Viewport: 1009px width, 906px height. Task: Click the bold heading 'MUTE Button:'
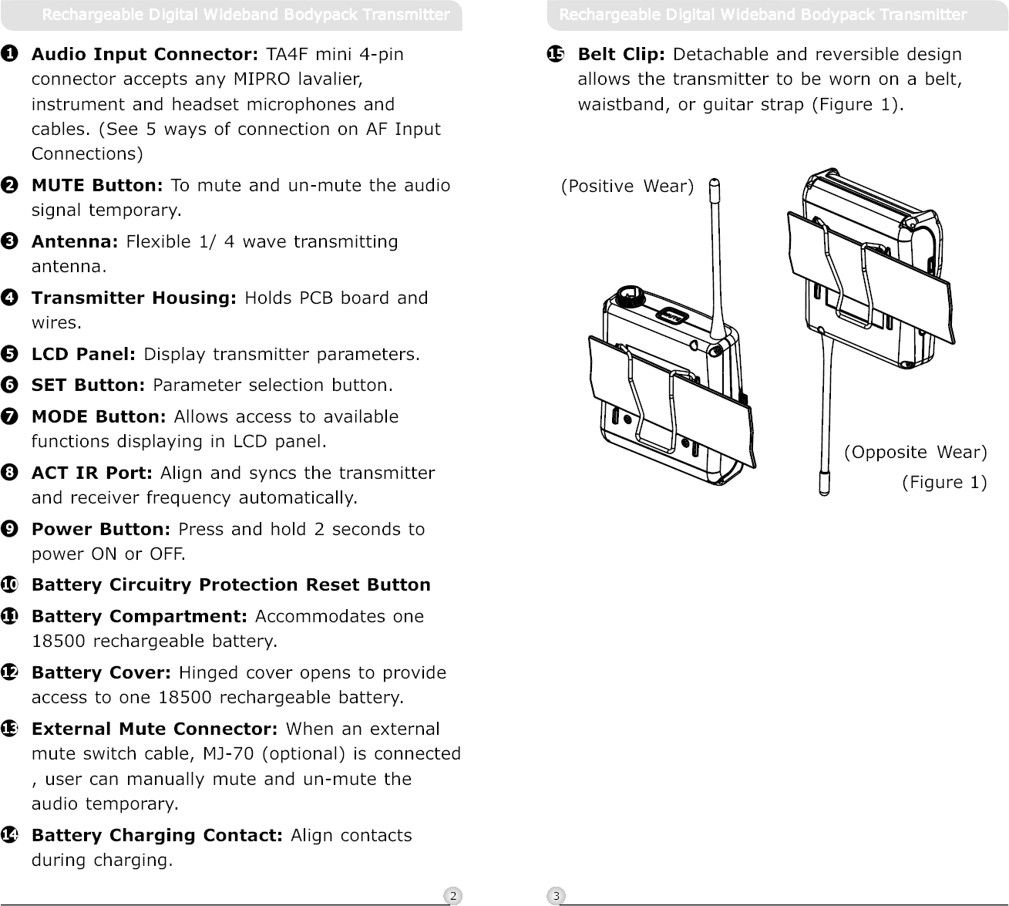[x=96, y=186]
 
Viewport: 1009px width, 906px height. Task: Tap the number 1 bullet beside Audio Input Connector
[x=10, y=55]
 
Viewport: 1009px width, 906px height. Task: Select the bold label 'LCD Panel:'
[x=83, y=355]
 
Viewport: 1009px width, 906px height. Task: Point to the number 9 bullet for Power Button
[x=10, y=530]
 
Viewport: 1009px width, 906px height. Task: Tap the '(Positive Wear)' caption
[x=627, y=187]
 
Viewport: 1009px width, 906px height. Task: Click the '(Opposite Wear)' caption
[x=916, y=452]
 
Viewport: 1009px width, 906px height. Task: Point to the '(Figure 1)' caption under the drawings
[x=944, y=483]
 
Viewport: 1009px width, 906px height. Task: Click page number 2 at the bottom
[x=453, y=895]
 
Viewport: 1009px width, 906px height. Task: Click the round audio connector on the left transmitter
[x=628, y=297]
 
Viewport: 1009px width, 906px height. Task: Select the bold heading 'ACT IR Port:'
[x=91, y=473]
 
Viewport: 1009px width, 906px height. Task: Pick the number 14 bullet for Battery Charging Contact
[x=10, y=836]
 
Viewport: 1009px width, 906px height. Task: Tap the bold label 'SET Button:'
[x=88, y=385]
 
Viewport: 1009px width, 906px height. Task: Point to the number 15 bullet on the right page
[x=556, y=55]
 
